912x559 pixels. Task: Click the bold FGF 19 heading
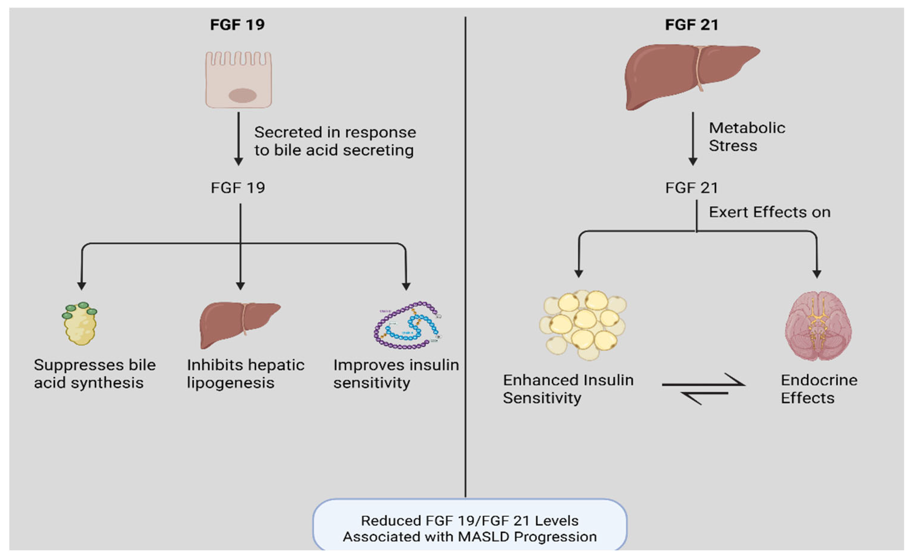click(x=237, y=25)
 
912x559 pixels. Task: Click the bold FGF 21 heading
click(x=691, y=25)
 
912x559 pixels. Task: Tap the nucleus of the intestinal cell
click(x=243, y=96)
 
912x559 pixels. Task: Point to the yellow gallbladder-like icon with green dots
click(x=80, y=324)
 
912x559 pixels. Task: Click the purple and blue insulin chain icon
click(x=407, y=326)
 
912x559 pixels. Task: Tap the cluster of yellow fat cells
click(x=583, y=325)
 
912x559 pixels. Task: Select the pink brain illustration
click(x=818, y=326)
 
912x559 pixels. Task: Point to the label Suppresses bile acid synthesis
click(x=94, y=374)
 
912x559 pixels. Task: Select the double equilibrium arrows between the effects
click(x=703, y=389)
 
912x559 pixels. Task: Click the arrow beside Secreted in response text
click(x=239, y=139)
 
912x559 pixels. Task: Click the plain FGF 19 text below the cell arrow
click(x=238, y=188)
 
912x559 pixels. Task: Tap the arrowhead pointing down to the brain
click(x=817, y=274)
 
